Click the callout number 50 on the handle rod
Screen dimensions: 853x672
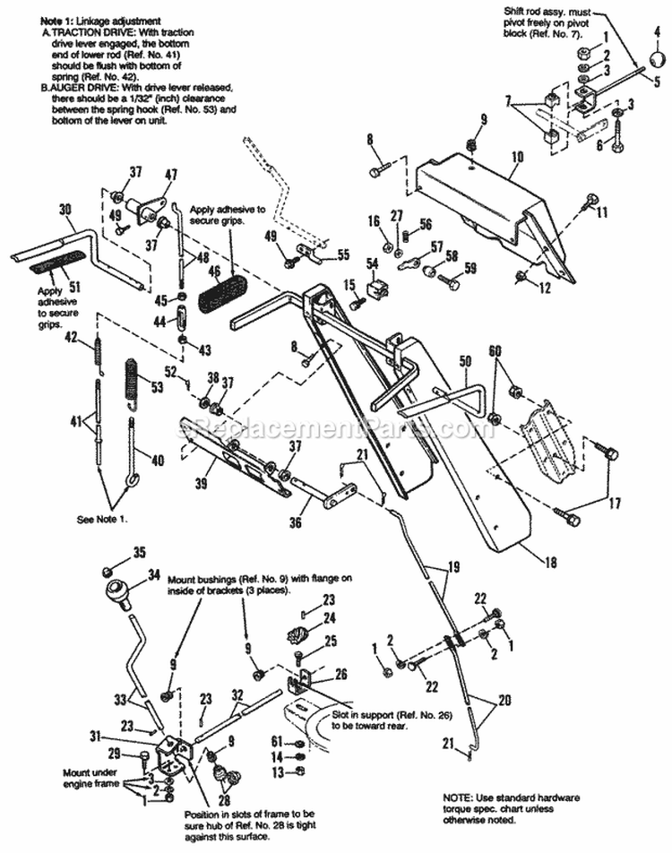[464, 361]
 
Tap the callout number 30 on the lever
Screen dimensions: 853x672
[65, 209]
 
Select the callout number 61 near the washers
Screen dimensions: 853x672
[276, 742]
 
